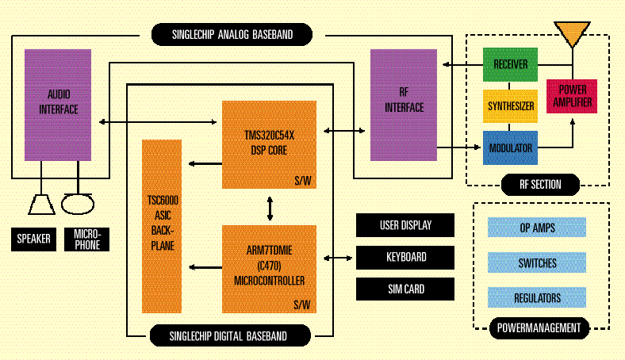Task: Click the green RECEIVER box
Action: (x=510, y=63)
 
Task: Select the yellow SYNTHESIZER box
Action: (x=510, y=105)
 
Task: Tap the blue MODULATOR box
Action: (x=510, y=148)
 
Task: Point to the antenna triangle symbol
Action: (x=573, y=34)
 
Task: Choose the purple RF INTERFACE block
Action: (x=404, y=104)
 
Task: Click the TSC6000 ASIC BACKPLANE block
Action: (x=162, y=225)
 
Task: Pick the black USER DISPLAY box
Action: (x=405, y=225)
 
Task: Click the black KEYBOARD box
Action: (x=405, y=257)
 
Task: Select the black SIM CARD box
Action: (x=405, y=289)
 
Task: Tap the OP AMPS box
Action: (x=537, y=228)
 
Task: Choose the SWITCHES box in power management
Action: (x=537, y=263)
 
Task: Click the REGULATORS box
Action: (x=537, y=298)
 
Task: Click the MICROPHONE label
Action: (x=86, y=239)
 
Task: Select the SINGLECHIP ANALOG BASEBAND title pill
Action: (x=231, y=34)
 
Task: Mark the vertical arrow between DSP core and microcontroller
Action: (x=270, y=207)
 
